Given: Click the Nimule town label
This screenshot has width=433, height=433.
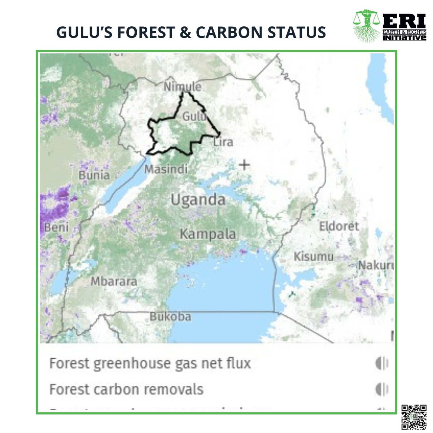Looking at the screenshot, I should pyautogui.click(x=182, y=87).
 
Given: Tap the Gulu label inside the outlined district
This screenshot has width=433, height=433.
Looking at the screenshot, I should pyautogui.click(x=194, y=117).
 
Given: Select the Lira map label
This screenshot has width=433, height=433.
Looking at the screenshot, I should pyautogui.click(x=223, y=142).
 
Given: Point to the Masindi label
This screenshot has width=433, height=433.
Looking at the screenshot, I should pyautogui.click(x=166, y=169).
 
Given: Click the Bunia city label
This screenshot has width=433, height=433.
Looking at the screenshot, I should pyautogui.click(x=94, y=175).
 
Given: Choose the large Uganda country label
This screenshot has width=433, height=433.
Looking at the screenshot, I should pyautogui.click(x=198, y=200).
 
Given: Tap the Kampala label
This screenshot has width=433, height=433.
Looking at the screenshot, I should pyautogui.click(x=208, y=234).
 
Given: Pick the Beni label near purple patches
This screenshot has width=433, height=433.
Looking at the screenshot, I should pyautogui.click(x=56, y=227).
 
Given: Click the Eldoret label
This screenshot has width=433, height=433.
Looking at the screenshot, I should pyautogui.click(x=339, y=226).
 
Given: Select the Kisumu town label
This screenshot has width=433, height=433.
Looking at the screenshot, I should pyautogui.click(x=314, y=257).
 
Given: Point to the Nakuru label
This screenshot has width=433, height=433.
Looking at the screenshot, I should pyautogui.click(x=375, y=266).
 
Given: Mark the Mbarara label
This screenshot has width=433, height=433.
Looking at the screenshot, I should pyautogui.click(x=114, y=281).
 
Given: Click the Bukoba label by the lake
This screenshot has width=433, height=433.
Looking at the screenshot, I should pyautogui.click(x=170, y=317).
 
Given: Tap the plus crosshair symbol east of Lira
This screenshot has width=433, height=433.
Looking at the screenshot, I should pyautogui.click(x=245, y=165).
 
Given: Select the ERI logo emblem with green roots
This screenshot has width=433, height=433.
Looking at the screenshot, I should pyautogui.click(x=366, y=26).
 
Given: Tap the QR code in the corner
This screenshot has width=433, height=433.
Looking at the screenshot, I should pyautogui.click(x=414, y=417).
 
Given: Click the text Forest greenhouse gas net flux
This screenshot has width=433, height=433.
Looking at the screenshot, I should pyautogui.click(x=150, y=363).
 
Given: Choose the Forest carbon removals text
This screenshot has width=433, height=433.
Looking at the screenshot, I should pyautogui.click(x=126, y=390).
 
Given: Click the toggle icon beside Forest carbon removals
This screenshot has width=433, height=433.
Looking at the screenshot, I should pyautogui.click(x=382, y=390).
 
